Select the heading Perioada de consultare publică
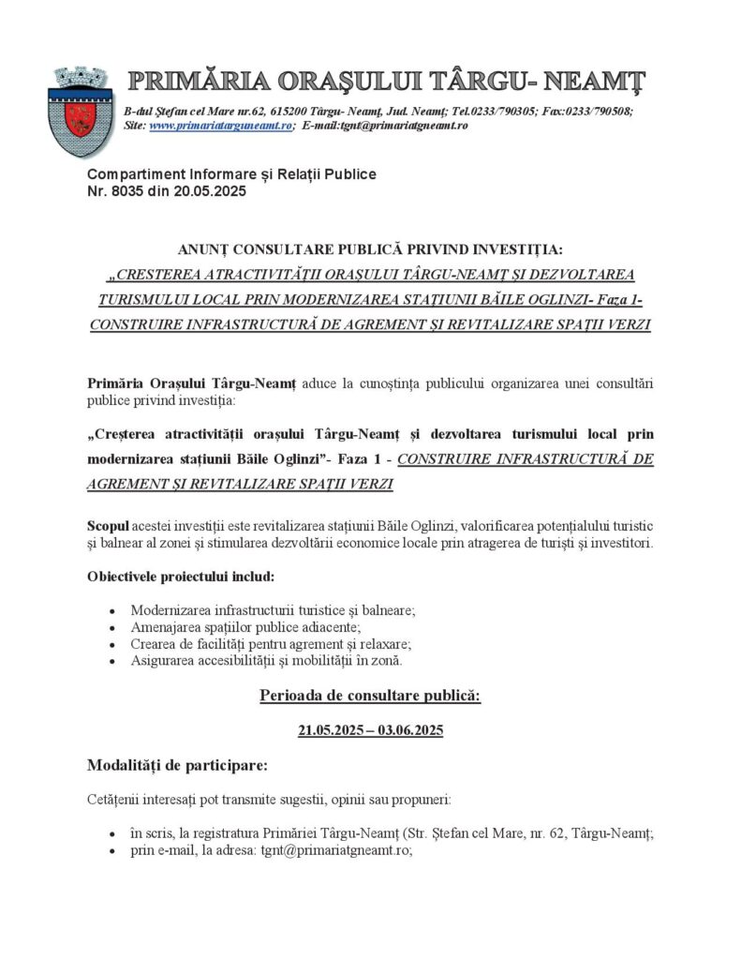point(370,697)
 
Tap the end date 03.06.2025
point(410,730)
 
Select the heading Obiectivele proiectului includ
point(181,575)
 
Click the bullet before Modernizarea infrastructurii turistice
point(111,610)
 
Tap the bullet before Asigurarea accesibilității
point(111,661)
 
